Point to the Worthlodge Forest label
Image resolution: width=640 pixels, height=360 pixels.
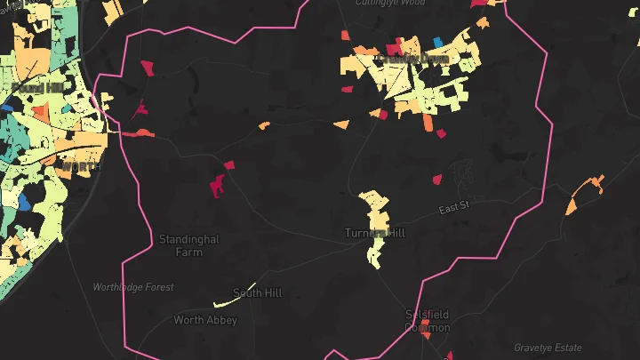point(134,287)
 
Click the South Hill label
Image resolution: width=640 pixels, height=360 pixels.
point(257,292)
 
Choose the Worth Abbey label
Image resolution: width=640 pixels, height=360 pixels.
point(205,320)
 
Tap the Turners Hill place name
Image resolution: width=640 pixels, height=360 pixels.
point(374,233)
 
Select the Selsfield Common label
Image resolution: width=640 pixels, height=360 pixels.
point(428,321)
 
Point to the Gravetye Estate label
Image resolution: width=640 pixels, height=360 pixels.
point(548,348)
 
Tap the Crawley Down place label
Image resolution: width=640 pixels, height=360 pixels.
point(413,60)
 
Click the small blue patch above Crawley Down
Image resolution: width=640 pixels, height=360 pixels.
point(437,42)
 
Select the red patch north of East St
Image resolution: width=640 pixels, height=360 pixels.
point(436,179)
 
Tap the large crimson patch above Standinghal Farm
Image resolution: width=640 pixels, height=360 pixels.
point(217,186)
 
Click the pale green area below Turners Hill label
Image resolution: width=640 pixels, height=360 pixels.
point(375,252)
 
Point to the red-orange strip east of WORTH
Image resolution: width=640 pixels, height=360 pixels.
point(137,133)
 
